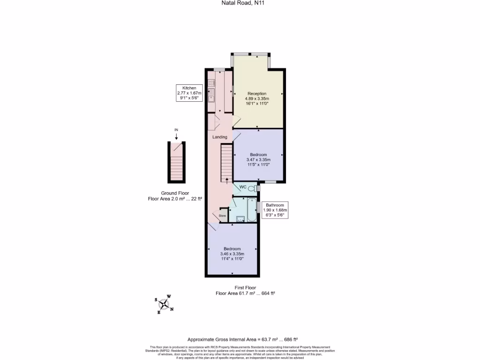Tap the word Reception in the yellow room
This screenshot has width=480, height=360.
pyautogui.click(x=257, y=94)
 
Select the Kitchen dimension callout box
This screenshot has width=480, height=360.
pyautogui.click(x=189, y=93)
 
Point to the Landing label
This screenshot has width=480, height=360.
pyautogui.click(x=220, y=137)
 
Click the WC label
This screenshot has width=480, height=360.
pyautogui.click(x=243, y=187)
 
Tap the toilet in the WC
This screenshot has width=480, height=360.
pyautogui.click(x=252, y=188)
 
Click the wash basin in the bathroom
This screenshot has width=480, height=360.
pyautogui.click(x=240, y=218)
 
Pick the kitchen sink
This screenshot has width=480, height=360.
pyautogui.click(x=211, y=98)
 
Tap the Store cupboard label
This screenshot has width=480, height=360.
pyautogui.click(x=222, y=216)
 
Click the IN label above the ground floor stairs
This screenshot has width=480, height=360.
pyautogui.click(x=176, y=129)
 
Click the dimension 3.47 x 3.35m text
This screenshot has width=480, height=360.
pyautogui.click(x=258, y=160)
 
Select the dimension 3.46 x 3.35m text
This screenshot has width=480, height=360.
pyautogui.click(x=232, y=254)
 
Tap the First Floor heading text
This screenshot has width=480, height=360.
pyautogui.click(x=245, y=287)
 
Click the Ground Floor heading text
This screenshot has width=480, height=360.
pyautogui.click(x=175, y=193)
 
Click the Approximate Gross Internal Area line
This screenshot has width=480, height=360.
pyautogui.click(x=243, y=339)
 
